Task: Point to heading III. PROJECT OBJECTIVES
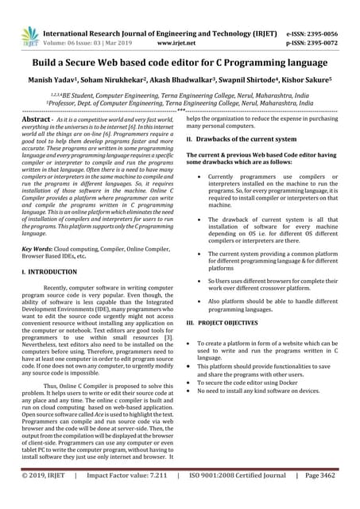tap(230, 324)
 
